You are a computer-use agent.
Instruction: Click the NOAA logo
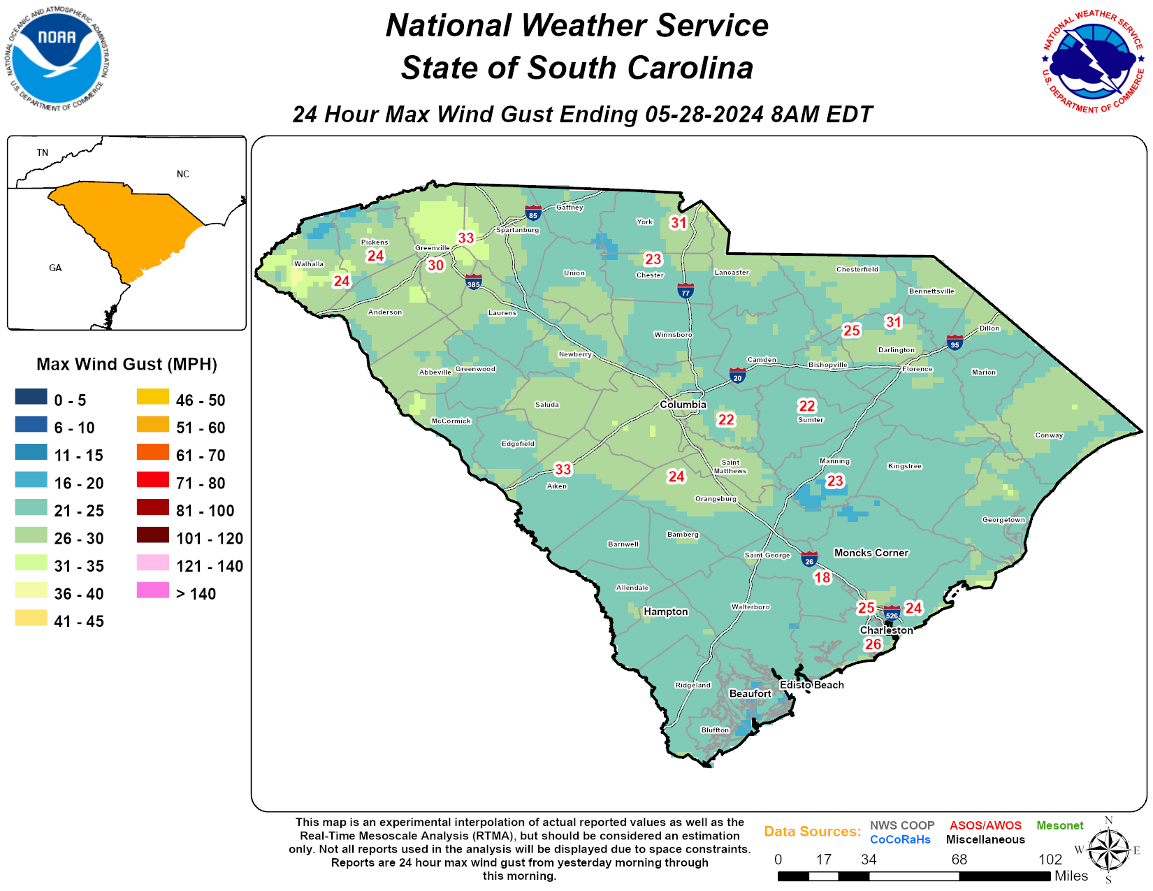[58, 59]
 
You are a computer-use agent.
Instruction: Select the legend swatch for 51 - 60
[152, 425]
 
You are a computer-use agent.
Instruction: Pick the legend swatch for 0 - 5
[31, 397]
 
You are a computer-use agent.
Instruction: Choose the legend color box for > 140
[152, 591]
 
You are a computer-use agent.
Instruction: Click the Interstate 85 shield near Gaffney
[533, 213]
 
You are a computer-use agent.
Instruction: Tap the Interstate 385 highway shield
[474, 282]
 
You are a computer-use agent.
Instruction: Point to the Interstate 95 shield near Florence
[955, 342]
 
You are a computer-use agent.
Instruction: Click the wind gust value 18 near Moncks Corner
[822, 577]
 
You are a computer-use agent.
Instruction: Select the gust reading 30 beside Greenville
[435, 265]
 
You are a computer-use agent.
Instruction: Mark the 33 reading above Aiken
[563, 469]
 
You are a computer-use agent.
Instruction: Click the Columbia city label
[683, 405]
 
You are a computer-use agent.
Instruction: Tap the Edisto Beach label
[811, 685]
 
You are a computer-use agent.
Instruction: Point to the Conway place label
[1049, 435]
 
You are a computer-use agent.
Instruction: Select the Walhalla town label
[308, 263]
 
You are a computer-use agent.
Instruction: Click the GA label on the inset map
[55, 268]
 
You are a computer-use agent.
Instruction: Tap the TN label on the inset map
[43, 152]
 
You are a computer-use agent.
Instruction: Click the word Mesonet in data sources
[1059, 825]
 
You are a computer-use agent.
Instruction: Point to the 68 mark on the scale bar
[959, 860]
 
